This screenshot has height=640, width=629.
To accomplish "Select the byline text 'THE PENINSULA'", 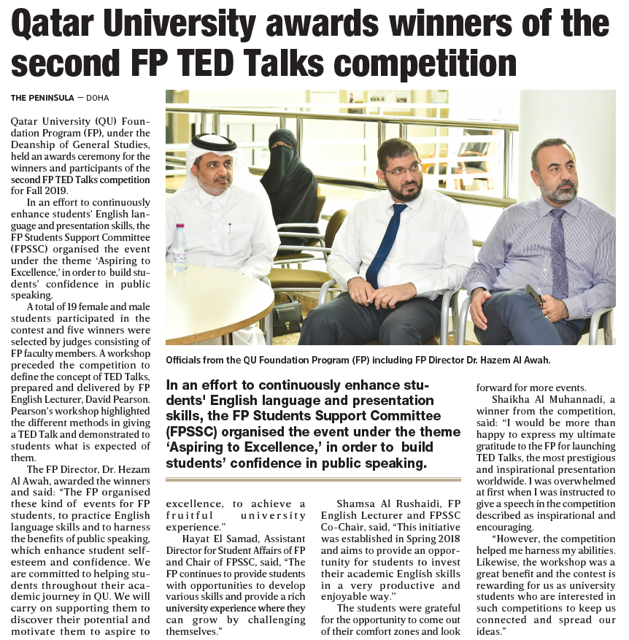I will coord(42,98).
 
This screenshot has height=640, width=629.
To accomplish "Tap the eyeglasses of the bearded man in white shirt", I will coord(401,169).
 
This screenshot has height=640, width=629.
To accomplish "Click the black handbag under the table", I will coord(287,317).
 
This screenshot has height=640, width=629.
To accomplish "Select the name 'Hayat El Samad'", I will coord(215,539).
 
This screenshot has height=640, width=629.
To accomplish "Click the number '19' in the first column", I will coord(71,307).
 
